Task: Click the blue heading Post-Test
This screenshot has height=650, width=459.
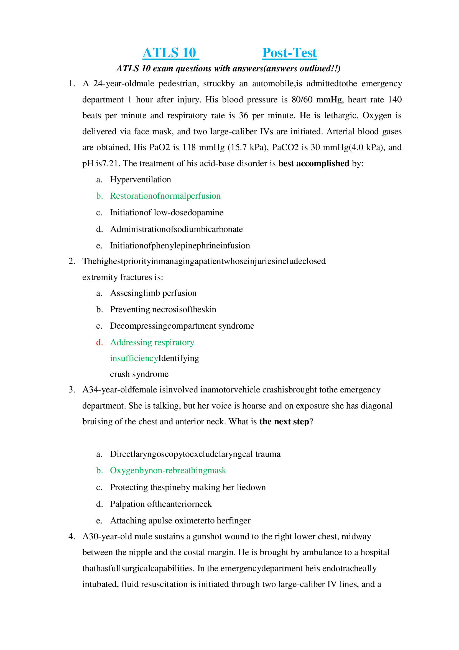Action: tap(289, 53)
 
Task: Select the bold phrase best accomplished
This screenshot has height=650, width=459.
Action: tap(314, 163)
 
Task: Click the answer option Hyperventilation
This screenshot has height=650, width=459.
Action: tap(140, 180)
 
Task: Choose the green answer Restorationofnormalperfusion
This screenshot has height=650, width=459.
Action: tap(165, 196)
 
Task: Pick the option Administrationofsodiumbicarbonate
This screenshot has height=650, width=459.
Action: tap(176, 229)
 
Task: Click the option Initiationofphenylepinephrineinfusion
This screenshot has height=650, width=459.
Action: tap(180, 245)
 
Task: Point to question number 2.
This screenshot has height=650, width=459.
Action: tap(72, 261)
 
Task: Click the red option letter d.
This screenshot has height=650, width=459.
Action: tap(99, 342)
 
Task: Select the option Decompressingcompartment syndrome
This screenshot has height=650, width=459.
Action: tap(182, 326)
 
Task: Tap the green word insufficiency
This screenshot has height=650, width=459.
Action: tap(134, 358)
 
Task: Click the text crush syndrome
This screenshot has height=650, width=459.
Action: tap(139, 374)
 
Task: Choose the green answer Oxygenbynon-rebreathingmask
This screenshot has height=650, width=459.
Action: tap(168, 470)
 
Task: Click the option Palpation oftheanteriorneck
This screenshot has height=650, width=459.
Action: tap(161, 504)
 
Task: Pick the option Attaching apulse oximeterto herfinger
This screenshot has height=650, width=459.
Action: tap(180, 521)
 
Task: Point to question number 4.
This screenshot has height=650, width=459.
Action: tap(72, 536)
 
